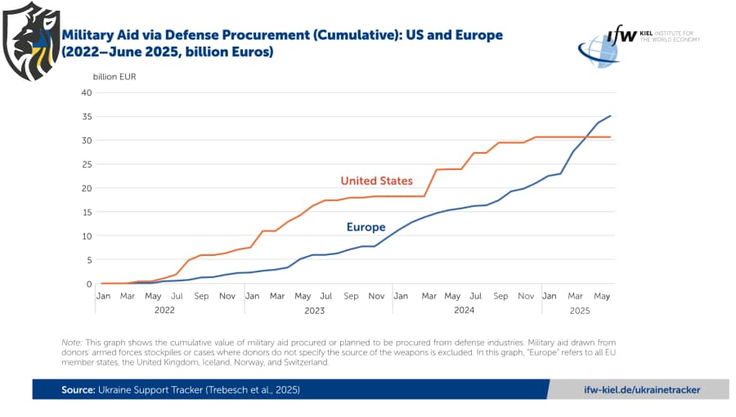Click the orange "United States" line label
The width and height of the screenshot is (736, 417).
pyautogui.click(x=376, y=180)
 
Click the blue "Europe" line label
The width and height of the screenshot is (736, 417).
pyautogui.click(x=366, y=227)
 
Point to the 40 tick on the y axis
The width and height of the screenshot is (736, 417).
pyautogui.click(x=87, y=92)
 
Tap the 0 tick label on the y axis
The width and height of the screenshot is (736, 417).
pyautogui.click(x=89, y=285)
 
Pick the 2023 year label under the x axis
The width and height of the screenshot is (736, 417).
pyautogui.click(x=314, y=311)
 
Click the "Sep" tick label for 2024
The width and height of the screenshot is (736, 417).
pyautogui.click(x=500, y=295)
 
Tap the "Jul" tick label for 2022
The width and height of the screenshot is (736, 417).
pyautogui.click(x=177, y=295)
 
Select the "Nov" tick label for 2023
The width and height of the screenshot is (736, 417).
pyautogui.click(x=376, y=295)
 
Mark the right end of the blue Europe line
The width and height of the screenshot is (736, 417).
pyautogui.click(x=610, y=115)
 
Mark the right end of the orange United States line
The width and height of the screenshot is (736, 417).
pyautogui.click(x=610, y=137)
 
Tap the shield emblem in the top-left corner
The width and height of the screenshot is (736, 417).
pyautogui.click(x=31, y=41)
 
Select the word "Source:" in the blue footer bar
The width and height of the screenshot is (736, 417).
pyautogui.click(x=78, y=390)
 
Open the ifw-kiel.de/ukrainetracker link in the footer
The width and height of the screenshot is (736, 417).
pyautogui.click(x=642, y=390)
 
